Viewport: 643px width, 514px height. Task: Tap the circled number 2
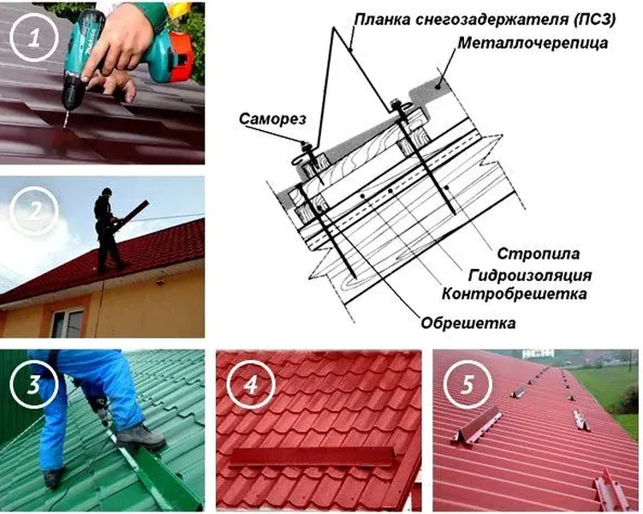(x=34, y=211)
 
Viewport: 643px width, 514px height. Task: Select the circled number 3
(x=34, y=385)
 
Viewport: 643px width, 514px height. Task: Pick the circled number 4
(x=251, y=385)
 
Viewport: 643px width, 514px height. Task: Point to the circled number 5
(x=467, y=385)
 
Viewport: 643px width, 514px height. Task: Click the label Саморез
(x=273, y=119)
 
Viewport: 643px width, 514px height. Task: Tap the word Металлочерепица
(x=533, y=43)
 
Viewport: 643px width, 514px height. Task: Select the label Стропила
(x=539, y=254)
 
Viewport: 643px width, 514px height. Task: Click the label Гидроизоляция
(x=530, y=275)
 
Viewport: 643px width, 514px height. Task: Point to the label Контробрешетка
(x=515, y=294)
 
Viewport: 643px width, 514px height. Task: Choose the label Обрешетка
(x=467, y=323)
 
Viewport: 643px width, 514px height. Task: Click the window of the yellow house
(x=68, y=323)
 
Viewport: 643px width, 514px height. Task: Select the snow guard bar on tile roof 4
(x=311, y=457)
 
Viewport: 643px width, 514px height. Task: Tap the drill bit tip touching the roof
(x=64, y=127)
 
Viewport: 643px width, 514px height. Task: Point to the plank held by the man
(x=131, y=212)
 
